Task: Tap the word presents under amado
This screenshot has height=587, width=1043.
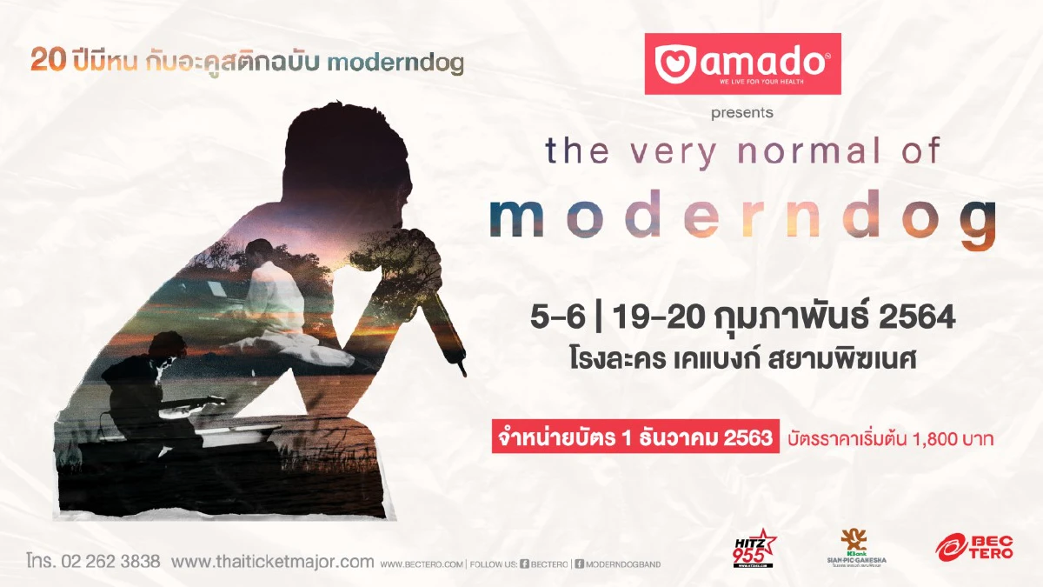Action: [x=741, y=112]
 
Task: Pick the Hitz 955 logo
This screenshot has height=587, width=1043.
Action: [x=753, y=547]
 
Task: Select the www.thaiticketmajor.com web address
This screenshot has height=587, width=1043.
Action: [x=272, y=562]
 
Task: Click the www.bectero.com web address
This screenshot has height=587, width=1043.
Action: [x=421, y=564]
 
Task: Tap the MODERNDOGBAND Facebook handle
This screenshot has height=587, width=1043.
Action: [x=622, y=564]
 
